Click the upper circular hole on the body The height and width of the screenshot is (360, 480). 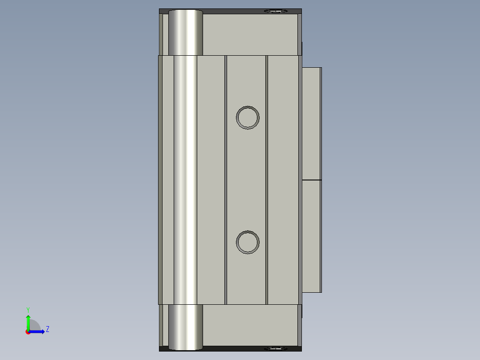[248, 118]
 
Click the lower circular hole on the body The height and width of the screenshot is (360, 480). [248, 242]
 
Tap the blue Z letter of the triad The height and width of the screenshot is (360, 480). [48, 330]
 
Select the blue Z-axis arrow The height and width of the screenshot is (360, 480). [38, 331]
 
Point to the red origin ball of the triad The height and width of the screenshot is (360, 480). [28, 332]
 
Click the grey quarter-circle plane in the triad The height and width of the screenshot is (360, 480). [34, 326]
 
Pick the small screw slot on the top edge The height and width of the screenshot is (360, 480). [276, 11]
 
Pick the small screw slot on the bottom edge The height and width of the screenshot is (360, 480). [276, 348]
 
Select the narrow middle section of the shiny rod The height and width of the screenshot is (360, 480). [185, 178]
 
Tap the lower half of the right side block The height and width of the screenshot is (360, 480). [311, 236]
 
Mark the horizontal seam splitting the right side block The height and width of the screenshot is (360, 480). [311, 180]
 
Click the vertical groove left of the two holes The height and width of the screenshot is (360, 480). [226, 178]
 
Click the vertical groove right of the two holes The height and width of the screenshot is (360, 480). [267, 178]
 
